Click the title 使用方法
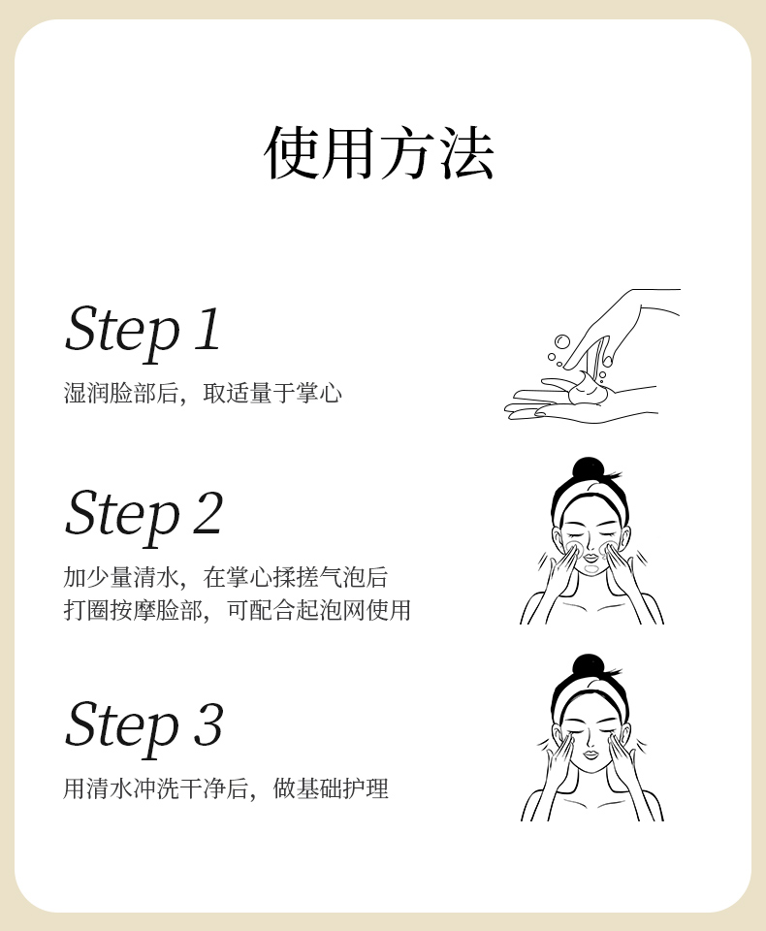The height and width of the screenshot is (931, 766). click(x=379, y=152)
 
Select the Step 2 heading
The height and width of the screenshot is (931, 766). click(x=144, y=515)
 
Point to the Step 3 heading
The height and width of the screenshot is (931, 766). click(x=144, y=726)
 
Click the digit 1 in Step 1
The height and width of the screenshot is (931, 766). click(x=208, y=329)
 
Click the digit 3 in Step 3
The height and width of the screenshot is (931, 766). click(x=208, y=723)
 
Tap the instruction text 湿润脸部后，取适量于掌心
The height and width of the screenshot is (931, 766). click(x=203, y=393)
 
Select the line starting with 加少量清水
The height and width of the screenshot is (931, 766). click(x=226, y=577)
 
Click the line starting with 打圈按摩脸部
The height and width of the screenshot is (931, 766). click(x=237, y=610)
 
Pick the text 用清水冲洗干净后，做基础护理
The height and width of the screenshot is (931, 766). click(x=226, y=788)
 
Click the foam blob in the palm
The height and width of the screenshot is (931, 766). click(x=588, y=389)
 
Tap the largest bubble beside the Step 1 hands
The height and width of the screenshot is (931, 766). click(x=561, y=341)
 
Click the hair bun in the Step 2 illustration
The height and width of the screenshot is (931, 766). click(x=588, y=467)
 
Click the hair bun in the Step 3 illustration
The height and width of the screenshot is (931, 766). click(x=588, y=665)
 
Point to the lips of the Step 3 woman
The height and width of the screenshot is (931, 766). click(x=590, y=754)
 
